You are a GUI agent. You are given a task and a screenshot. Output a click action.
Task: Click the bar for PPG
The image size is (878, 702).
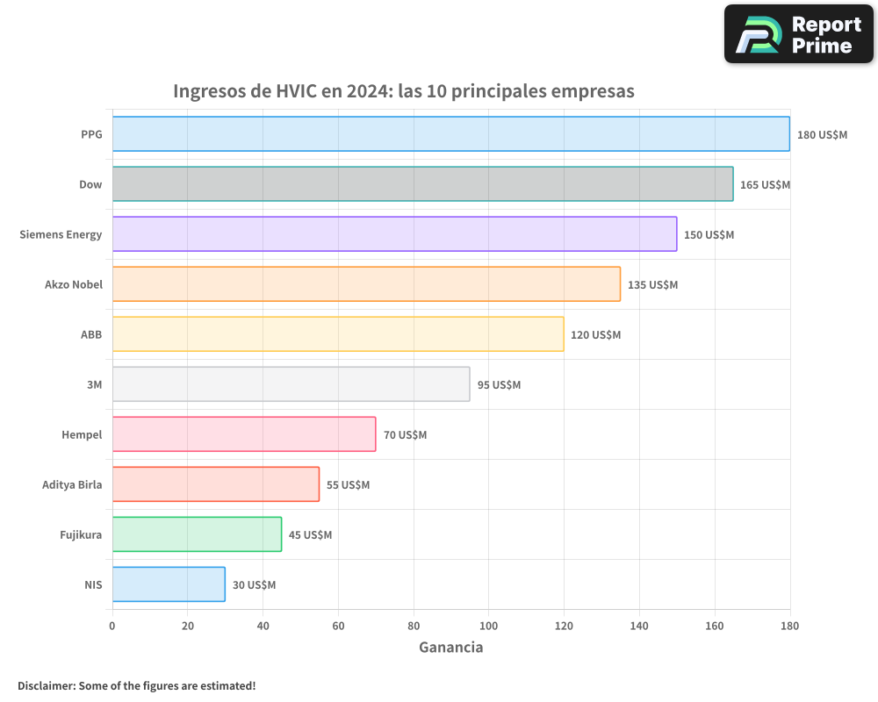click(450, 134)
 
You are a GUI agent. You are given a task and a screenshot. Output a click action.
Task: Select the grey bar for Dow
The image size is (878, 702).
click(422, 184)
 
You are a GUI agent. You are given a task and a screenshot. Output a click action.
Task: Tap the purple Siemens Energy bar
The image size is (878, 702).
click(394, 234)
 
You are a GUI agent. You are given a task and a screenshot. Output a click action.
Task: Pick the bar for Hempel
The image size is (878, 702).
click(244, 434)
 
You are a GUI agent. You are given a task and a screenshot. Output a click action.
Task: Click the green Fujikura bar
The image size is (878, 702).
click(197, 534)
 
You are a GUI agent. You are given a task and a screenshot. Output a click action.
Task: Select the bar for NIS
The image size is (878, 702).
click(169, 584)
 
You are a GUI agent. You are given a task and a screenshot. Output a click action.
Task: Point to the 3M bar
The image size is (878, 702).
click(291, 384)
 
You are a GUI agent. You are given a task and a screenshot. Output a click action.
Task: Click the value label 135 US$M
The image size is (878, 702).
click(652, 285)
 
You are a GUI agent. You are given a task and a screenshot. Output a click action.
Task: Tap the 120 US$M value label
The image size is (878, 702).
click(595, 335)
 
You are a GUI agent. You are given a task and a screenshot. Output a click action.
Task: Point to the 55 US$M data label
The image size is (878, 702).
click(348, 485)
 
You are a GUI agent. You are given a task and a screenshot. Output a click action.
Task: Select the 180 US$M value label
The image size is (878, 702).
click(822, 135)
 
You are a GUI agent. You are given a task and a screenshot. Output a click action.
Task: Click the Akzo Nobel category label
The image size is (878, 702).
click(74, 284)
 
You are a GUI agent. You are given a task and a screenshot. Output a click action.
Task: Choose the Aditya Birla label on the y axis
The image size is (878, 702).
click(72, 484)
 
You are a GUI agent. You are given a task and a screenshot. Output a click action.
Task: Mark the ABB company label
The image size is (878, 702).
click(91, 334)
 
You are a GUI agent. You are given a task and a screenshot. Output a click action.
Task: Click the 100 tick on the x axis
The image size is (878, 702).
click(489, 626)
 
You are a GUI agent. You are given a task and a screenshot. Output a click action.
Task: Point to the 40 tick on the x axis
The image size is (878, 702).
click(263, 626)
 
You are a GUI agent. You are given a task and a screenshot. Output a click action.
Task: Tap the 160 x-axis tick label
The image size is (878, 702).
click(715, 626)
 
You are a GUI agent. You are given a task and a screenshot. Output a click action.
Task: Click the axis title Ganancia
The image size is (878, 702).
click(450, 648)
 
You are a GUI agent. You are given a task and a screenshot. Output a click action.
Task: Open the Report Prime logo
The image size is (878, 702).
click(799, 34)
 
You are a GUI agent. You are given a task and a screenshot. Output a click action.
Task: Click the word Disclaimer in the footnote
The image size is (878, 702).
click(45, 685)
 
